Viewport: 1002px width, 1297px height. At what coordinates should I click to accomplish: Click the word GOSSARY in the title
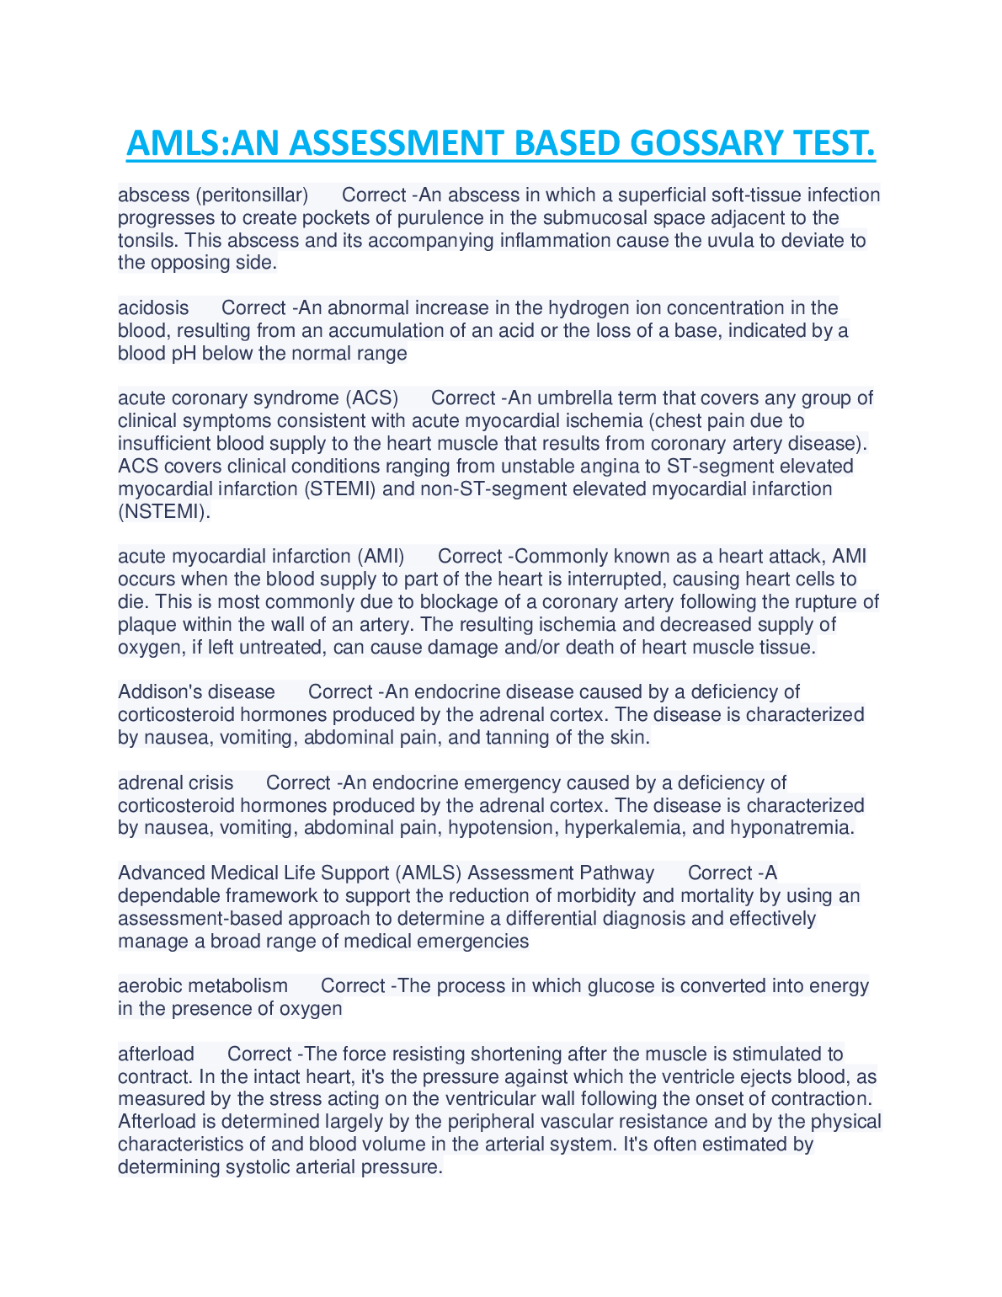(704, 143)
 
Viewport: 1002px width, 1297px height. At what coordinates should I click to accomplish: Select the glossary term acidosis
(153, 308)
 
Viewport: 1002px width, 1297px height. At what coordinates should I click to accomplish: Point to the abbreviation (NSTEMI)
(164, 512)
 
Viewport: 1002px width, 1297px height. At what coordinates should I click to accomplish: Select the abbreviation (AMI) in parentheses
(381, 557)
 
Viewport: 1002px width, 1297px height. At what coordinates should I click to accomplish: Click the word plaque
(146, 625)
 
